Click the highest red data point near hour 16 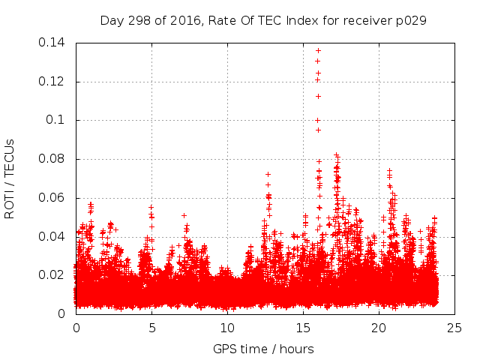(x=318, y=51)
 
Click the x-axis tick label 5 (x=151, y=328)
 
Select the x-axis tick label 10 (x=227, y=328)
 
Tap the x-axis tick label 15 (x=303, y=328)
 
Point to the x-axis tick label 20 (x=379, y=328)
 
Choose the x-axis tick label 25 (x=454, y=328)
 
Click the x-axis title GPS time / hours (x=264, y=349)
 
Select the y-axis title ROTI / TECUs (x=10, y=178)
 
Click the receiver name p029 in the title (x=413, y=20)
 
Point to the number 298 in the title (x=139, y=20)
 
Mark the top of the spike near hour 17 (x=337, y=155)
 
